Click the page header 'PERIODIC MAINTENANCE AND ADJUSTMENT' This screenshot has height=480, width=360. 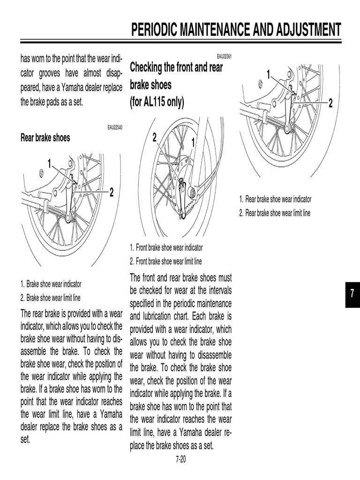click(236, 30)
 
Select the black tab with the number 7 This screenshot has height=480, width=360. click(352, 294)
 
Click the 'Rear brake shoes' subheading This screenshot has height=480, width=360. click(45, 137)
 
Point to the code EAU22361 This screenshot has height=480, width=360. click(225, 56)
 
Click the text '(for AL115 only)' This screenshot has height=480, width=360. click(157, 102)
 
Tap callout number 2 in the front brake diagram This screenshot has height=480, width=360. click(154, 137)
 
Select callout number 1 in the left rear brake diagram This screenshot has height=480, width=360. click(49, 164)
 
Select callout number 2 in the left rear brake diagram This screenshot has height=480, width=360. click(112, 192)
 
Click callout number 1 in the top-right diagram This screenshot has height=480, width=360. click(269, 74)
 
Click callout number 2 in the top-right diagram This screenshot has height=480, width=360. click(330, 103)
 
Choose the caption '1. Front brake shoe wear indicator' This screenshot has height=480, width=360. click(166, 247)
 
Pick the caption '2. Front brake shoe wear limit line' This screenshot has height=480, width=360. click(166, 262)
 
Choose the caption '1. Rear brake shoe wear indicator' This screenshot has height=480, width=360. click(275, 199)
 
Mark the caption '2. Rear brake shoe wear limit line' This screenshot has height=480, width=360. click(275, 213)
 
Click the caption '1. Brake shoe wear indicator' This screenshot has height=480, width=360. click(51, 284)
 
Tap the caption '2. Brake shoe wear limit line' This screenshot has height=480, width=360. click(50, 297)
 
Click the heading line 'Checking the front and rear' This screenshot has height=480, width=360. click(176, 67)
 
